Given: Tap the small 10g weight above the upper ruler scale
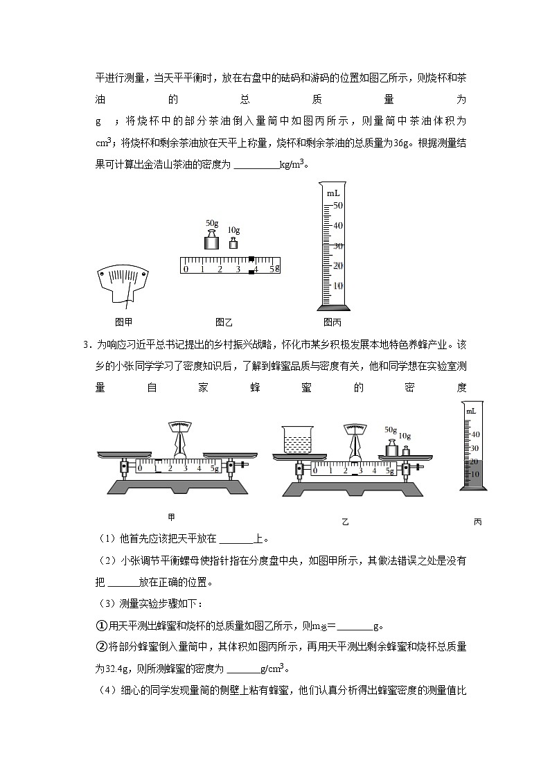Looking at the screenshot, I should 233,242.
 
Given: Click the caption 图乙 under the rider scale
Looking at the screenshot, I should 223,321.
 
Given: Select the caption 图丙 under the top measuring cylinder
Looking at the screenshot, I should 332,321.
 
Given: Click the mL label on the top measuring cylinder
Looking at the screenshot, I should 333,193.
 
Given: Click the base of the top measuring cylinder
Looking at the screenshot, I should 333,307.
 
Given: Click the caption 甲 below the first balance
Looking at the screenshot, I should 171,517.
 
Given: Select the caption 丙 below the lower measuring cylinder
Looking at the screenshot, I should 477,522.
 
